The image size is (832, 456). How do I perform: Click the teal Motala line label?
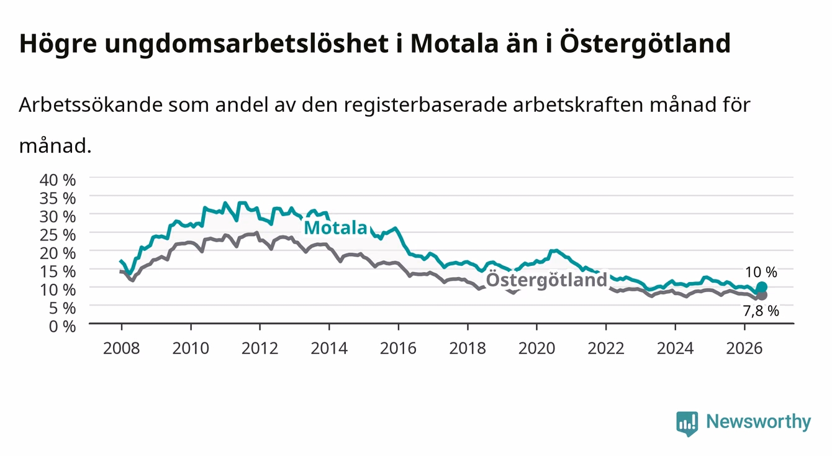(x=335, y=228)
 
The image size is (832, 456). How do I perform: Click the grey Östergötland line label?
(x=546, y=280)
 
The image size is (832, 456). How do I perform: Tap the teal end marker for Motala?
(x=761, y=287)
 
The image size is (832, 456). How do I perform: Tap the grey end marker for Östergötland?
(x=761, y=296)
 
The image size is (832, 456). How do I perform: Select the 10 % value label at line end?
(x=761, y=272)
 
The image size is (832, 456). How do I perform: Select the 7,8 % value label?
(x=761, y=311)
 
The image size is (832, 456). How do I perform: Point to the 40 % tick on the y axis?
(x=58, y=180)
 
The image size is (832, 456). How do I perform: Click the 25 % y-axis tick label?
(x=58, y=235)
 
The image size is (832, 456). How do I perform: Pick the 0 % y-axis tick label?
(x=62, y=326)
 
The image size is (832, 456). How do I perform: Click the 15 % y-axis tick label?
(x=58, y=271)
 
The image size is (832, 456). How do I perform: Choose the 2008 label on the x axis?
(x=122, y=349)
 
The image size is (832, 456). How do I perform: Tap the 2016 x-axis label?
(x=398, y=349)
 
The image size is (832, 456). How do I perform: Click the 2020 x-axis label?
(x=536, y=349)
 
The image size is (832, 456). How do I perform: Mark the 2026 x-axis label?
(x=744, y=349)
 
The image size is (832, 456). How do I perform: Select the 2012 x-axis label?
(x=260, y=349)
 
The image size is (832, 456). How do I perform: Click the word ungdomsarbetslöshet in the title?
(x=246, y=44)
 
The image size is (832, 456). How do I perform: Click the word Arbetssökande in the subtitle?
(x=91, y=105)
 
